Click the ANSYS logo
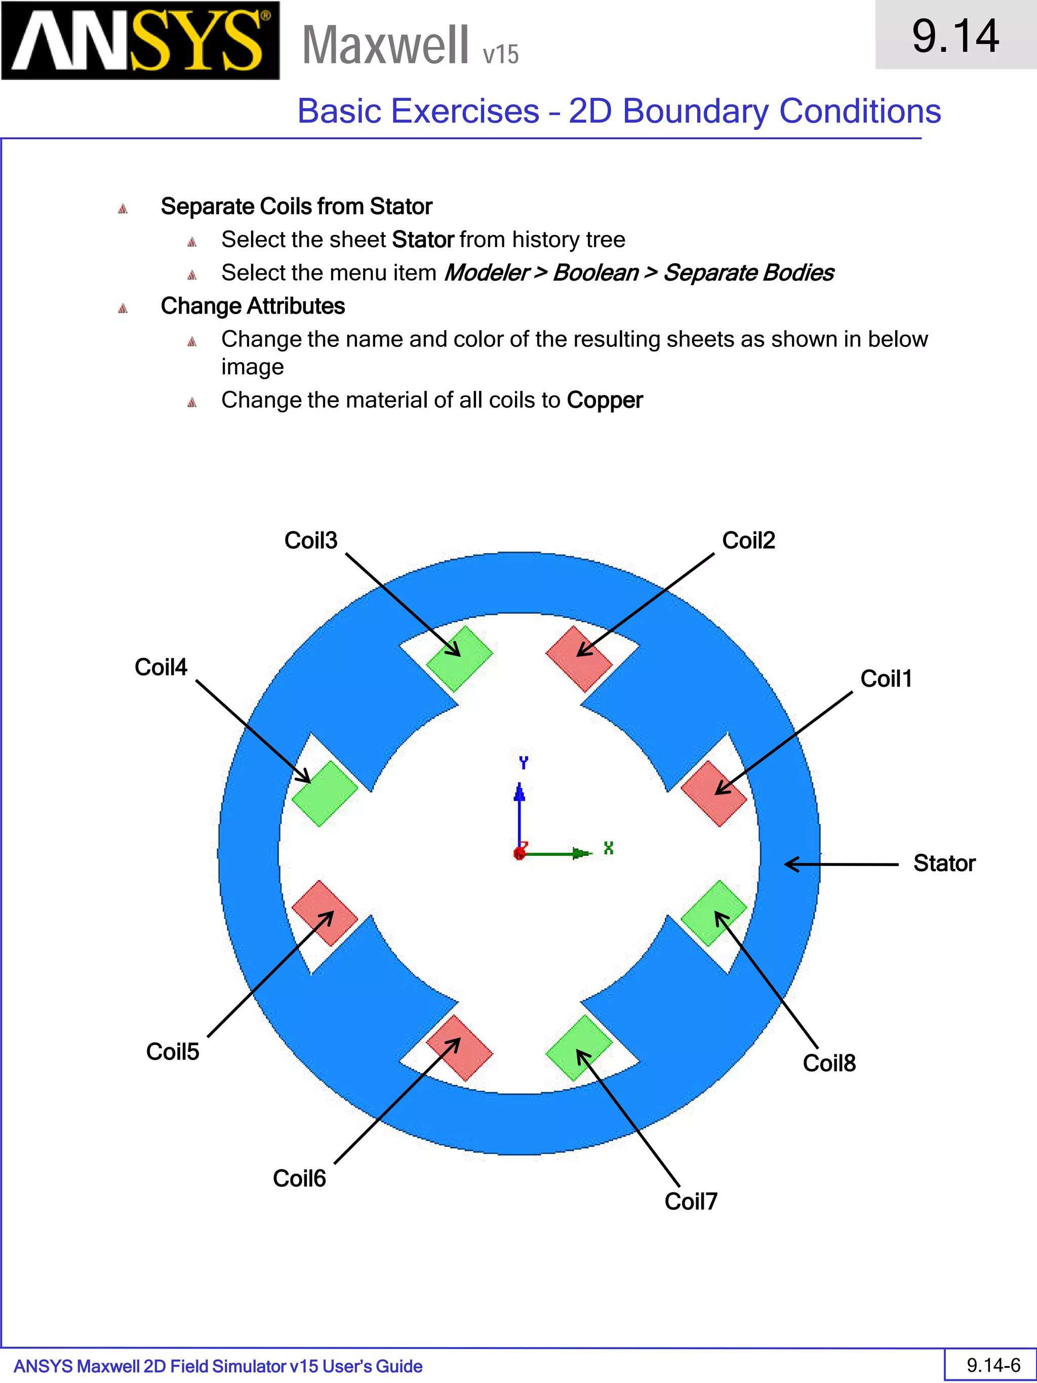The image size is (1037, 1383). click(x=140, y=41)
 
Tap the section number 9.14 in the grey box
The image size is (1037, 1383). click(x=955, y=35)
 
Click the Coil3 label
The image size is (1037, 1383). click(x=311, y=540)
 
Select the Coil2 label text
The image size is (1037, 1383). click(x=748, y=540)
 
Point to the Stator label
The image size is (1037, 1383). click(x=944, y=863)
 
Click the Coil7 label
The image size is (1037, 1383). click(x=691, y=1201)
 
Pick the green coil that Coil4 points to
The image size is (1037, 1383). click(x=325, y=794)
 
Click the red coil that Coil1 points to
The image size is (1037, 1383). click(x=713, y=794)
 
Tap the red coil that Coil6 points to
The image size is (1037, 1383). click(x=459, y=1048)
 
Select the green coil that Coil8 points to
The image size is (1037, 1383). click(x=713, y=914)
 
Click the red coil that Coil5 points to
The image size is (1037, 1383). click(x=325, y=914)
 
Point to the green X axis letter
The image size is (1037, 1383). click(x=608, y=848)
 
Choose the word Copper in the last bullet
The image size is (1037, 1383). click(x=605, y=400)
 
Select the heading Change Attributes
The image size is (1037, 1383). click(x=253, y=306)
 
